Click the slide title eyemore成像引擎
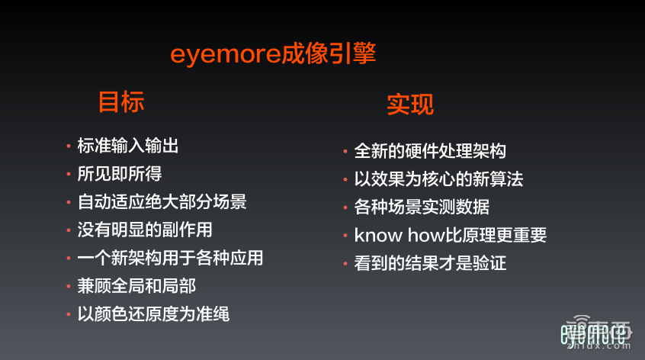click(272, 56)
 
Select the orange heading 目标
click(120, 102)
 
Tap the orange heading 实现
click(409, 104)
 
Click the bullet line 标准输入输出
click(128, 145)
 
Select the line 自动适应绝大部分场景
click(162, 201)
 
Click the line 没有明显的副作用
click(145, 230)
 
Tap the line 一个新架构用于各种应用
click(170, 258)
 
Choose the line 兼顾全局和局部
click(136, 286)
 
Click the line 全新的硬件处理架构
click(430, 151)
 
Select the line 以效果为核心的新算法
click(438, 179)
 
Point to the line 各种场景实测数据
click(422, 207)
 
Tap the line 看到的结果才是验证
click(430, 264)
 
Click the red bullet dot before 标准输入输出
click(69, 146)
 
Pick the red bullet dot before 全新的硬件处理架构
click(346, 152)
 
